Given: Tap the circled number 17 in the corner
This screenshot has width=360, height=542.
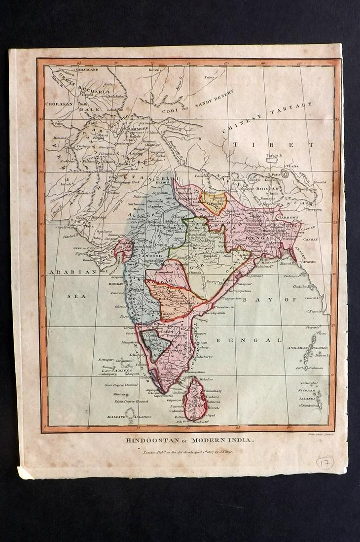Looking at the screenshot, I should click(324, 463).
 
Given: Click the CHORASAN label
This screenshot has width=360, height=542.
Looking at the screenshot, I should click(59, 104).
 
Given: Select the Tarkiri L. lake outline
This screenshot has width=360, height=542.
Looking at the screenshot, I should click(272, 160).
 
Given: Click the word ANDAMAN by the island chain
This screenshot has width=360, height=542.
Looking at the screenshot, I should click(299, 348).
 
